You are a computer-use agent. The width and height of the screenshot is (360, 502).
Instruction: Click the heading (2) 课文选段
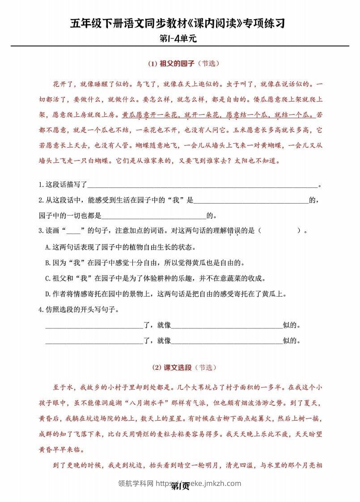[172, 367]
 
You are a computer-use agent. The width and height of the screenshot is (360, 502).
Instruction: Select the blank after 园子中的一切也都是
[154, 215]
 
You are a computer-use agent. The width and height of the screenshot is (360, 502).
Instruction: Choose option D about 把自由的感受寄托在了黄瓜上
[165, 294]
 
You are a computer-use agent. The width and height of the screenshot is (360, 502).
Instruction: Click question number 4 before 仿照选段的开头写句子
[41, 309]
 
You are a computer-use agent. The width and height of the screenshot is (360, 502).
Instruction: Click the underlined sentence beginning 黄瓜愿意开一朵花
[218, 115]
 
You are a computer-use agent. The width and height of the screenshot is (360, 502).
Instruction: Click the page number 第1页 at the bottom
[180, 486]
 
